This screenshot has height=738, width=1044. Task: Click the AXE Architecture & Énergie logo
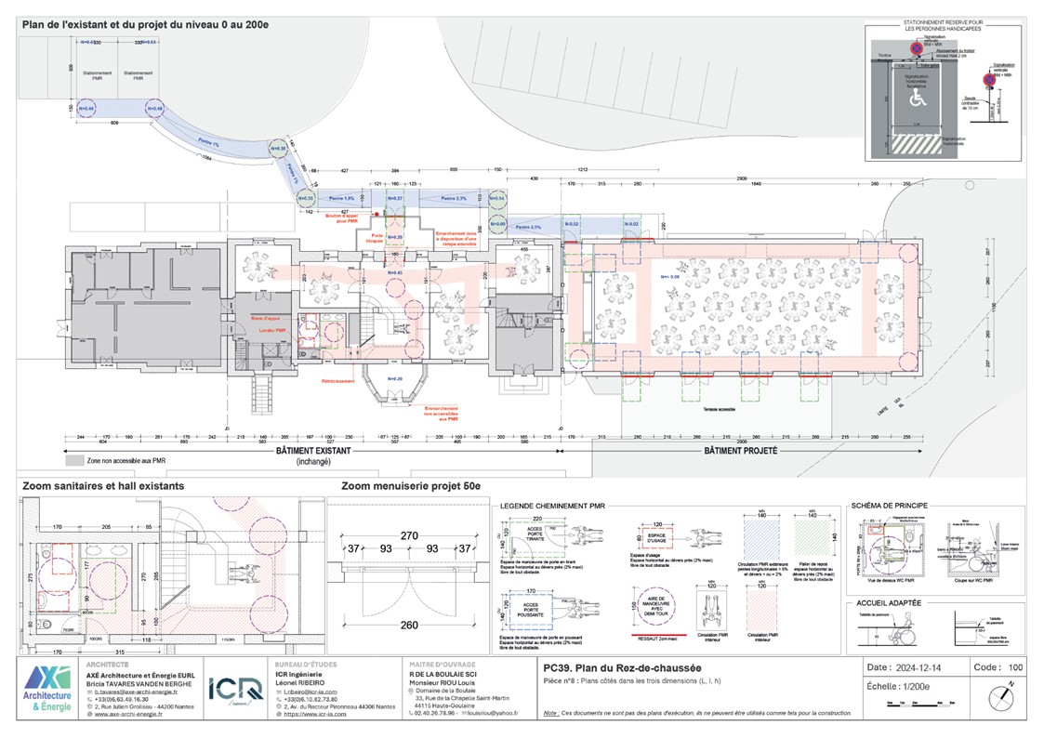point(46,689)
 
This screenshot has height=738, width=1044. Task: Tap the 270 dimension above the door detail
point(410,535)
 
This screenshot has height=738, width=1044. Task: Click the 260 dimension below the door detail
point(410,626)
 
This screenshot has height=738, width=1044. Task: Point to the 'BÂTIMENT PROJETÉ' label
point(740,450)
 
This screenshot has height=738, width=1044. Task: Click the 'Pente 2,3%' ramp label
point(455,198)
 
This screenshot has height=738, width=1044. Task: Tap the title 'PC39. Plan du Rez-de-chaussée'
point(622,668)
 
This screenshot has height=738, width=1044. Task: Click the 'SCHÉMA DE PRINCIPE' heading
point(894,506)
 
